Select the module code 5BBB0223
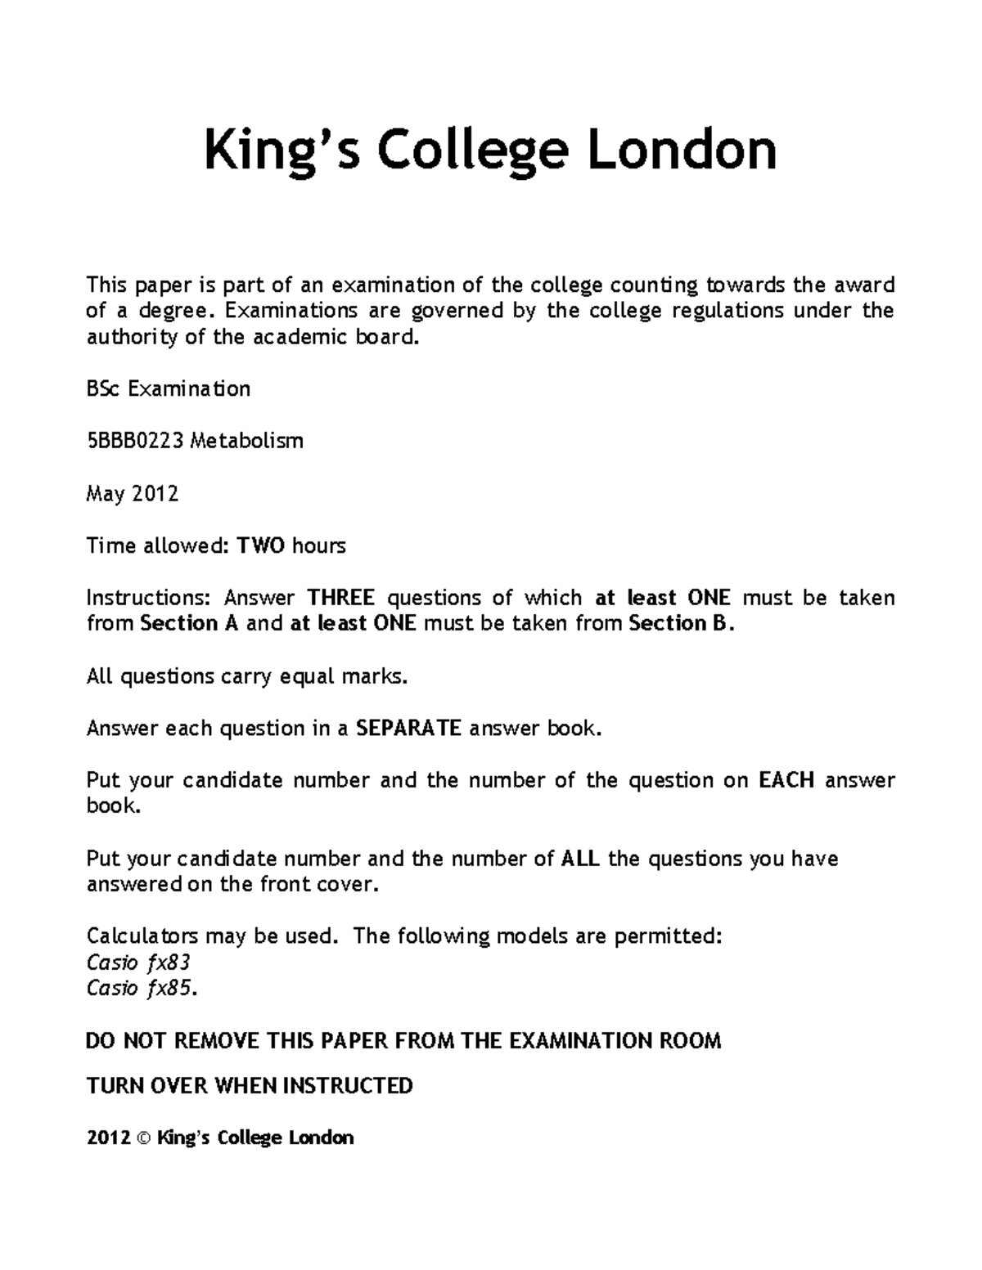[135, 442]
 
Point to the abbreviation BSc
[102, 389]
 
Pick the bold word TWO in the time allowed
[261, 545]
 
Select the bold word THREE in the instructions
[341, 598]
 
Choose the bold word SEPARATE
[409, 728]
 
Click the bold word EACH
[786, 780]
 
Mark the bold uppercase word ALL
[581, 859]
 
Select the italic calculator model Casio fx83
[138, 963]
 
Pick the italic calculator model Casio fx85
[141, 989]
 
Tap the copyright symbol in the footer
[145, 1138]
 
